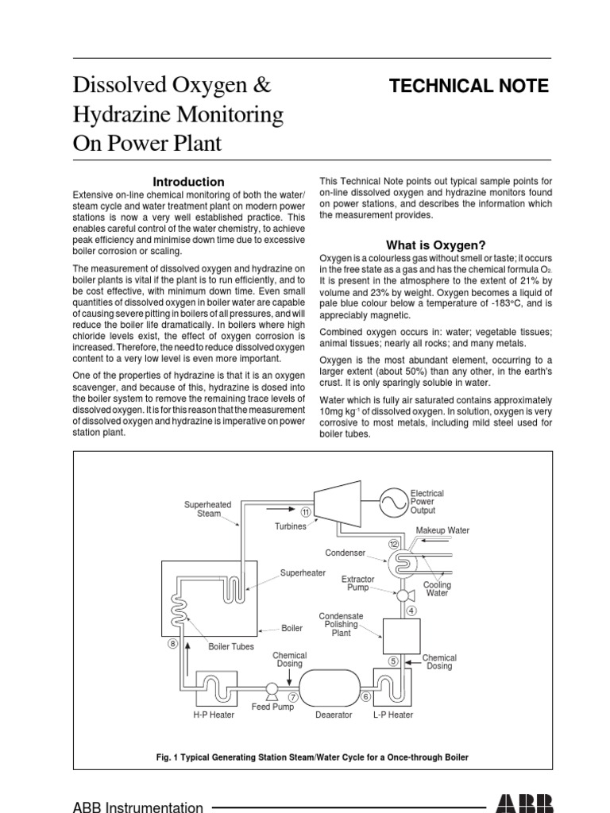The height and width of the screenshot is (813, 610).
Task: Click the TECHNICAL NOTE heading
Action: pyautogui.click(x=469, y=86)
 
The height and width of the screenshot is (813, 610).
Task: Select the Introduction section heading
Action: pyautogui.click(x=188, y=182)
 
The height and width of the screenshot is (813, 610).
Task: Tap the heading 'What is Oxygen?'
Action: pyautogui.click(x=435, y=245)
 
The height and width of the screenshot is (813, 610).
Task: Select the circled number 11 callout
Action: pyautogui.click(x=306, y=512)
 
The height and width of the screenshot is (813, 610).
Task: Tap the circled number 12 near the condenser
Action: pyautogui.click(x=393, y=544)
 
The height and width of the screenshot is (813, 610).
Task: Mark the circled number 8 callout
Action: pyautogui.click(x=172, y=644)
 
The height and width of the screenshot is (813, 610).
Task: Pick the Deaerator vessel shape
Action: pyautogui.click(x=334, y=687)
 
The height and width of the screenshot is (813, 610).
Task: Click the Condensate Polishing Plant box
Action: pyautogui.click(x=401, y=636)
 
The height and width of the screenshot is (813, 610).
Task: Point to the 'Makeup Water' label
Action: pyautogui.click(x=442, y=530)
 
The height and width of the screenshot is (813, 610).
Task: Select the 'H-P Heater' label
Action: pyautogui.click(x=214, y=715)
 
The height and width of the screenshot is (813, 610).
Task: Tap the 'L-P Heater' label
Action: pyautogui.click(x=393, y=715)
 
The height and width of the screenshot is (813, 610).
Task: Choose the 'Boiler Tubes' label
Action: pyautogui.click(x=231, y=646)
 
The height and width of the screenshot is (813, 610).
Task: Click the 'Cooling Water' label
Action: pyautogui.click(x=436, y=589)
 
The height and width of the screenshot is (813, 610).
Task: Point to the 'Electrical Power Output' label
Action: pyautogui.click(x=427, y=502)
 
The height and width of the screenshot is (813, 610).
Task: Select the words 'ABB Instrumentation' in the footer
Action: pyautogui.click(x=137, y=807)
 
